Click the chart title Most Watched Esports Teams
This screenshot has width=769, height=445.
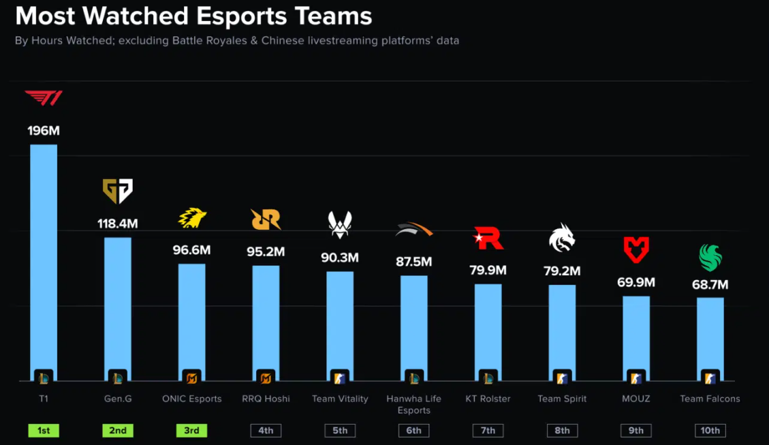coord(193,16)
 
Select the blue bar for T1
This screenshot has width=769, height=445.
coord(44,259)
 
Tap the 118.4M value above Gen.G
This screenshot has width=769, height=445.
coord(118,224)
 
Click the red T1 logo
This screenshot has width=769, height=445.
coord(44,98)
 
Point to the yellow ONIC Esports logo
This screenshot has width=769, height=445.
coord(192,218)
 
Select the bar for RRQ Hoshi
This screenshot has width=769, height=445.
coord(266,320)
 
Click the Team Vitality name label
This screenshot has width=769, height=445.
coord(340,399)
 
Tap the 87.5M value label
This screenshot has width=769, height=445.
coord(413,262)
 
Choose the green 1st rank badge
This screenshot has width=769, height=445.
coord(44,431)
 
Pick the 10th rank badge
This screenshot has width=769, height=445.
coord(710,431)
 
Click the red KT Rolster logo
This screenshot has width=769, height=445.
coord(488,238)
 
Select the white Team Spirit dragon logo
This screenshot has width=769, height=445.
coord(562,238)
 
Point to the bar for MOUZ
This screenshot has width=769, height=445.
coord(636,334)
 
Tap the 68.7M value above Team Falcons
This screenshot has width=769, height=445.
coord(710,284)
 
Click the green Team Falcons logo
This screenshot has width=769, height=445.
coord(710,258)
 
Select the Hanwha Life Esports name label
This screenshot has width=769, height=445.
coord(413,404)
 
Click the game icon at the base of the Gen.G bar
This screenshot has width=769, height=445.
coord(118,377)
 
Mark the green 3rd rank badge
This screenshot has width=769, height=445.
coord(192,431)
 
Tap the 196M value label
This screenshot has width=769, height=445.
coord(44,130)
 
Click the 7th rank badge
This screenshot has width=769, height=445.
coord(488,431)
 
